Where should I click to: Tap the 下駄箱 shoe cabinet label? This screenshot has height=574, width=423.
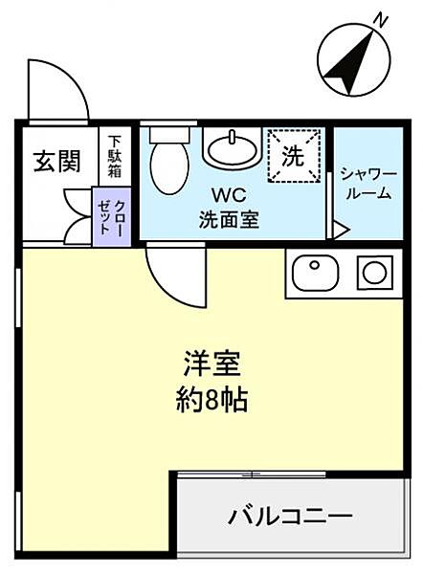115,155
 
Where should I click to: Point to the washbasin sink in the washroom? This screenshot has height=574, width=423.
231,149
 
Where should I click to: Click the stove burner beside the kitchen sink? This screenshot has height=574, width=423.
373,273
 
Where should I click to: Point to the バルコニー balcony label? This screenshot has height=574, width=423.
290,518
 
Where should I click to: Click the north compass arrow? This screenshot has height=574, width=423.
350,56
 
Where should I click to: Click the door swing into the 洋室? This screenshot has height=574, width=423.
172,273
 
